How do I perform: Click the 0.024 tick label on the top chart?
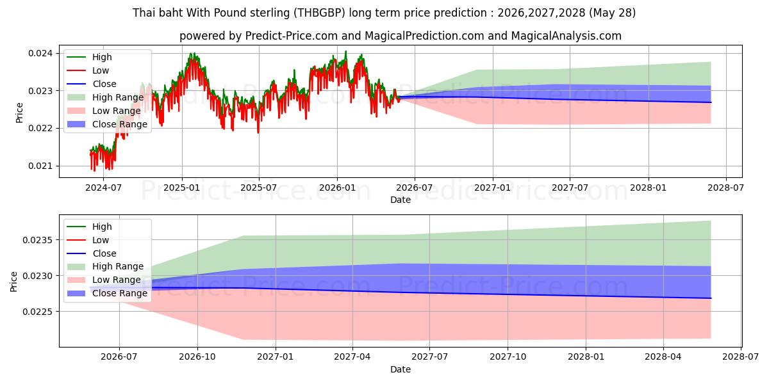[x=40, y=54]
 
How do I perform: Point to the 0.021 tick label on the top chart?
[x=40, y=166]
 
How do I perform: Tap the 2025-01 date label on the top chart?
[x=182, y=188]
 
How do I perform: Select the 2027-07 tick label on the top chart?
[x=570, y=188]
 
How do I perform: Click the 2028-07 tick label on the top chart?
[x=725, y=188]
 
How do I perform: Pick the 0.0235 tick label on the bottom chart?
[x=38, y=240]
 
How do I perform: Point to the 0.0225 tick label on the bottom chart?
[x=38, y=312]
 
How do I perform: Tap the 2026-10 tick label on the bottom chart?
[x=197, y=357]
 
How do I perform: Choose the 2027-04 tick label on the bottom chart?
[x=352, y=357]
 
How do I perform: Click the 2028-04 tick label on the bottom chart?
[x=663, y=357]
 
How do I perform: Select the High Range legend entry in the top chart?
[x=105, y=97]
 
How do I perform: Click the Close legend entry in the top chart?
[x=92, y=84]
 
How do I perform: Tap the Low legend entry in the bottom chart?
[x=88, y=240]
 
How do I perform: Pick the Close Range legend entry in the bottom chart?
[x=107, y=294]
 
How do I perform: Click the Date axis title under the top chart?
[x=401, y=200]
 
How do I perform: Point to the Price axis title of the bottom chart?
[x=13, y=282]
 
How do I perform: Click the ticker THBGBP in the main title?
[x=320, y=13]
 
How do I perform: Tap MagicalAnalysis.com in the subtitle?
[x=566, y=36]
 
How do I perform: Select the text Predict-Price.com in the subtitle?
[x=291, y=36]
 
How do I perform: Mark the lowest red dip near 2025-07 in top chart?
[x=258, y=132]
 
